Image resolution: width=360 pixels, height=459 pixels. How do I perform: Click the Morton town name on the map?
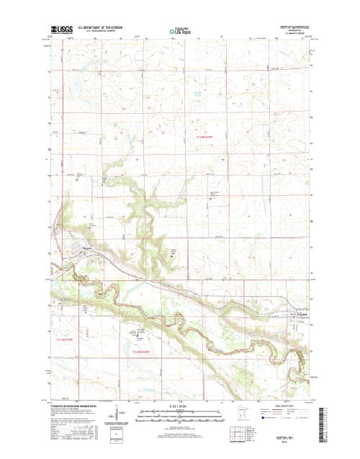(x=88, y=249)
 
